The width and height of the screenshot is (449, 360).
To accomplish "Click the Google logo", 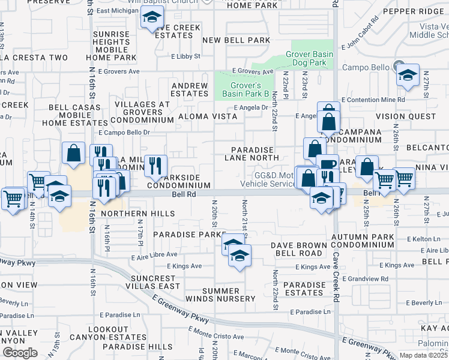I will (x=20, y=352).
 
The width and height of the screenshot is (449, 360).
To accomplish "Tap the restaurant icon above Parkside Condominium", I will (x=155, y=166).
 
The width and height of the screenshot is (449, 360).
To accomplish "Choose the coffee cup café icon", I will (x=328, y=164).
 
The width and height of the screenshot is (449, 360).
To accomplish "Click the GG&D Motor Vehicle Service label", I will (x=268, y=179).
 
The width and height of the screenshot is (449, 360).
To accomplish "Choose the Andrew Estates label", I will (x=190, y=89).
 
